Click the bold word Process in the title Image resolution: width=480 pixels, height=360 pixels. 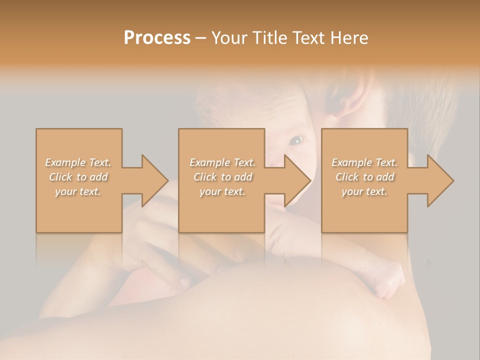[157, 38]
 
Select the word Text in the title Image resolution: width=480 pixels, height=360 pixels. [308, 38]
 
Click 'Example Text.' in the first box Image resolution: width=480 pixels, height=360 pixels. [78, 162]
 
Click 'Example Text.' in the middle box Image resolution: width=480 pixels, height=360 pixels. [222, 162]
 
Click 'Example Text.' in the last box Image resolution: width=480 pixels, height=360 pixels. [364, 162]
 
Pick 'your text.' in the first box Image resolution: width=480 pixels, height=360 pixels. [78, 191]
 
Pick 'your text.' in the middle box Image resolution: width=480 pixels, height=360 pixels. [222, 191]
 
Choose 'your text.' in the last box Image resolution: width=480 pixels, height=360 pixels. [364, 191]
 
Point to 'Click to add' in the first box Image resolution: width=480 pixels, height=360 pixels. [78, 177]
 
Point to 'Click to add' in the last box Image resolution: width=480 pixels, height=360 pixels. [364, 177]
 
